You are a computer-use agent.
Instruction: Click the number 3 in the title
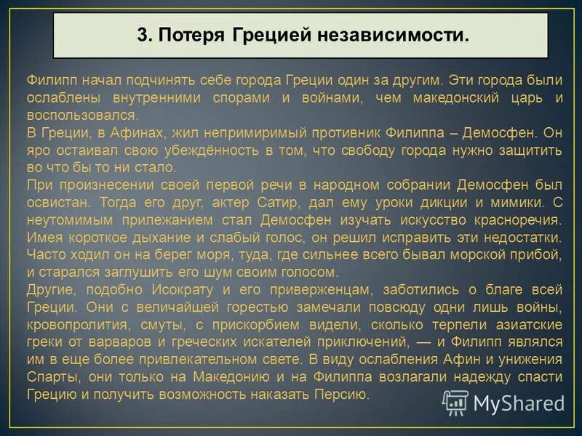pos(142,35)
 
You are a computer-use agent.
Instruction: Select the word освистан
pos(54,203)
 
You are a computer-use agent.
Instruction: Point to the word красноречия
pos(511,220)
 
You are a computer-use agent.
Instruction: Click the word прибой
pos(539,255)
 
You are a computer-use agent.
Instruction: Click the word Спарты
pos(53,377)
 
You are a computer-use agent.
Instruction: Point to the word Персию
pos(344,395)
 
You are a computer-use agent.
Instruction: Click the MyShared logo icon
pos(455,403)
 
